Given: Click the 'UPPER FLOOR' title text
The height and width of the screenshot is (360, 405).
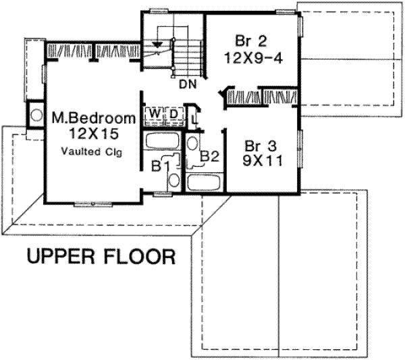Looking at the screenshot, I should tap(101, 257).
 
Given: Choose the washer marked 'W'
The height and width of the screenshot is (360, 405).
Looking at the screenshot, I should tap(154, 113).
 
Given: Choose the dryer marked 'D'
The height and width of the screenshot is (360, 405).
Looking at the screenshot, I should tap(173, 113).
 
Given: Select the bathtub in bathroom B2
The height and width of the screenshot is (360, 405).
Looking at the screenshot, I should tap(204, 183).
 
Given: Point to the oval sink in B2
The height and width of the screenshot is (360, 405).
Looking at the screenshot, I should tap(192, 144).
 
